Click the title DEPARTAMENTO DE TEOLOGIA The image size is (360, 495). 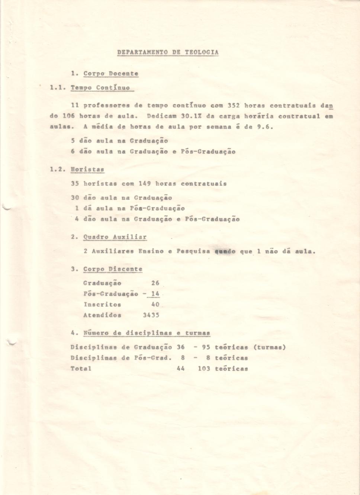click(x=168, y=52)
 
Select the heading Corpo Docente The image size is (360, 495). click(x=111, y=74)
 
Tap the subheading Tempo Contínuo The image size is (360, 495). click(x=100, y=88)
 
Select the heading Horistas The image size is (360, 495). click(x=87, y=170)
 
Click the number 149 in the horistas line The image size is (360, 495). click(x=145, y=184)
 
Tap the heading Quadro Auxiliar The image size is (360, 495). click(x=115, y=237)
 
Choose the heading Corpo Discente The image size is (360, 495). click(x=113, y=269)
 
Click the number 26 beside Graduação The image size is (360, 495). click(x=155, y=283)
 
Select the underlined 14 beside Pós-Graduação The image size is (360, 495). click(x=155, y=294)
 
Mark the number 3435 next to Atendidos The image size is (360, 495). click(x=151, y=315)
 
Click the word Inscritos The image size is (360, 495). click(x=102, y=305)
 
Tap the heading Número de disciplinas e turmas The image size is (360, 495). click(x=147, y=333)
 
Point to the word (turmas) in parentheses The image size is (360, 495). click(x=270, y=347)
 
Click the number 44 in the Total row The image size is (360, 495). click(x=180, y=369)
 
